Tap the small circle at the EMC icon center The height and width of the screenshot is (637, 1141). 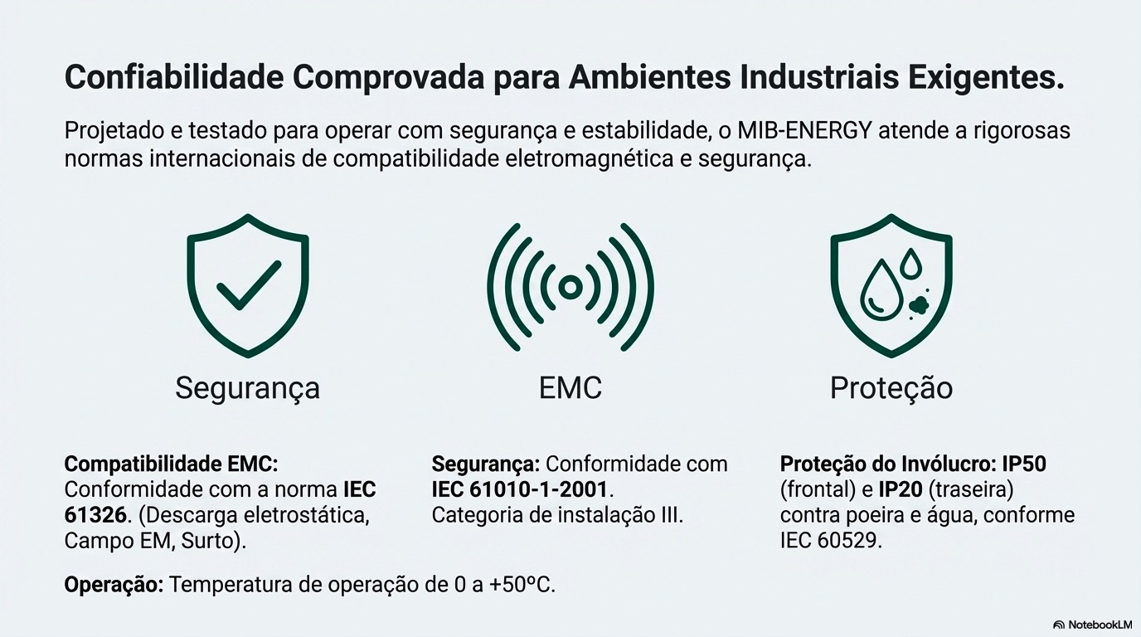point(570,287)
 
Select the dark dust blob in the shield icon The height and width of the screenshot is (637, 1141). point(918,306)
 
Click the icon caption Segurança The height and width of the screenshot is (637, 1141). point(247,388)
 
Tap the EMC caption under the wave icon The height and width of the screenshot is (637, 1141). point(570,388)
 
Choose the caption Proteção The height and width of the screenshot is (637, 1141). point(891,388)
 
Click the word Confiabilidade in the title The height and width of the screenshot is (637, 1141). point(170,78)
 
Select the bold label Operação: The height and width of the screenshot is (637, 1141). point(114,584)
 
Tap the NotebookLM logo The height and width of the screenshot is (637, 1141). point(1092,625)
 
